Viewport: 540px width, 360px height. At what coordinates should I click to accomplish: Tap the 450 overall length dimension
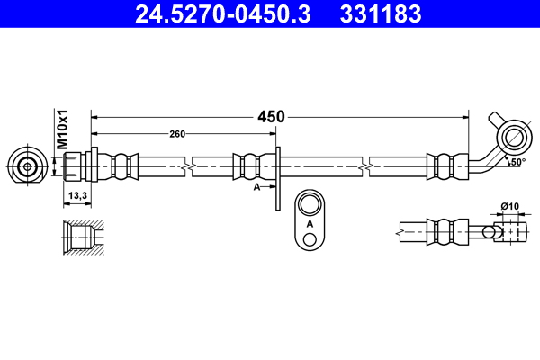(271, 116)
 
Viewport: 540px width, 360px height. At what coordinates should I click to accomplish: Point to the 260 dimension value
(177, 134)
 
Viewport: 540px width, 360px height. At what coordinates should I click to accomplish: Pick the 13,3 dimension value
(77, 195)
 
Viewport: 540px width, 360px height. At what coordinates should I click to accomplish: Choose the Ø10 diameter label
(509, 207)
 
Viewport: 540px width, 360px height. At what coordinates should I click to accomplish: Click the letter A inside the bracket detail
(310, 222)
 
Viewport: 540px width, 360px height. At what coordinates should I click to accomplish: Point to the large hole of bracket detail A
(310, 202)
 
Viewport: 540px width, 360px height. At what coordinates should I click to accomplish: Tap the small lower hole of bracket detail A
(310, 238)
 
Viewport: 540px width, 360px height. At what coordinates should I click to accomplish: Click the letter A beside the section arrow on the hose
(257, 186)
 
